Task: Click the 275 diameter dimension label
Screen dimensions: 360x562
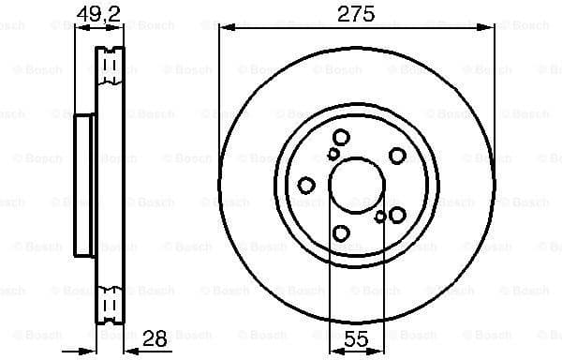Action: (x=356, y=13)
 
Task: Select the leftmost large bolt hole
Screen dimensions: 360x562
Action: (x=306, y=186)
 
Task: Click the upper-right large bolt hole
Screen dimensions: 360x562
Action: (x=397, y=156)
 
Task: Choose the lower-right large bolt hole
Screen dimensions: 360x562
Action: (x=397, y=215)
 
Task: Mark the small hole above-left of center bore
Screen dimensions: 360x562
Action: (x=333, y=154)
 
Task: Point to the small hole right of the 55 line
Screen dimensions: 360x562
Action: (x=380, y=217)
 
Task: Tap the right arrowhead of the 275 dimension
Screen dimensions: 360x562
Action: (x=489, y=27)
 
